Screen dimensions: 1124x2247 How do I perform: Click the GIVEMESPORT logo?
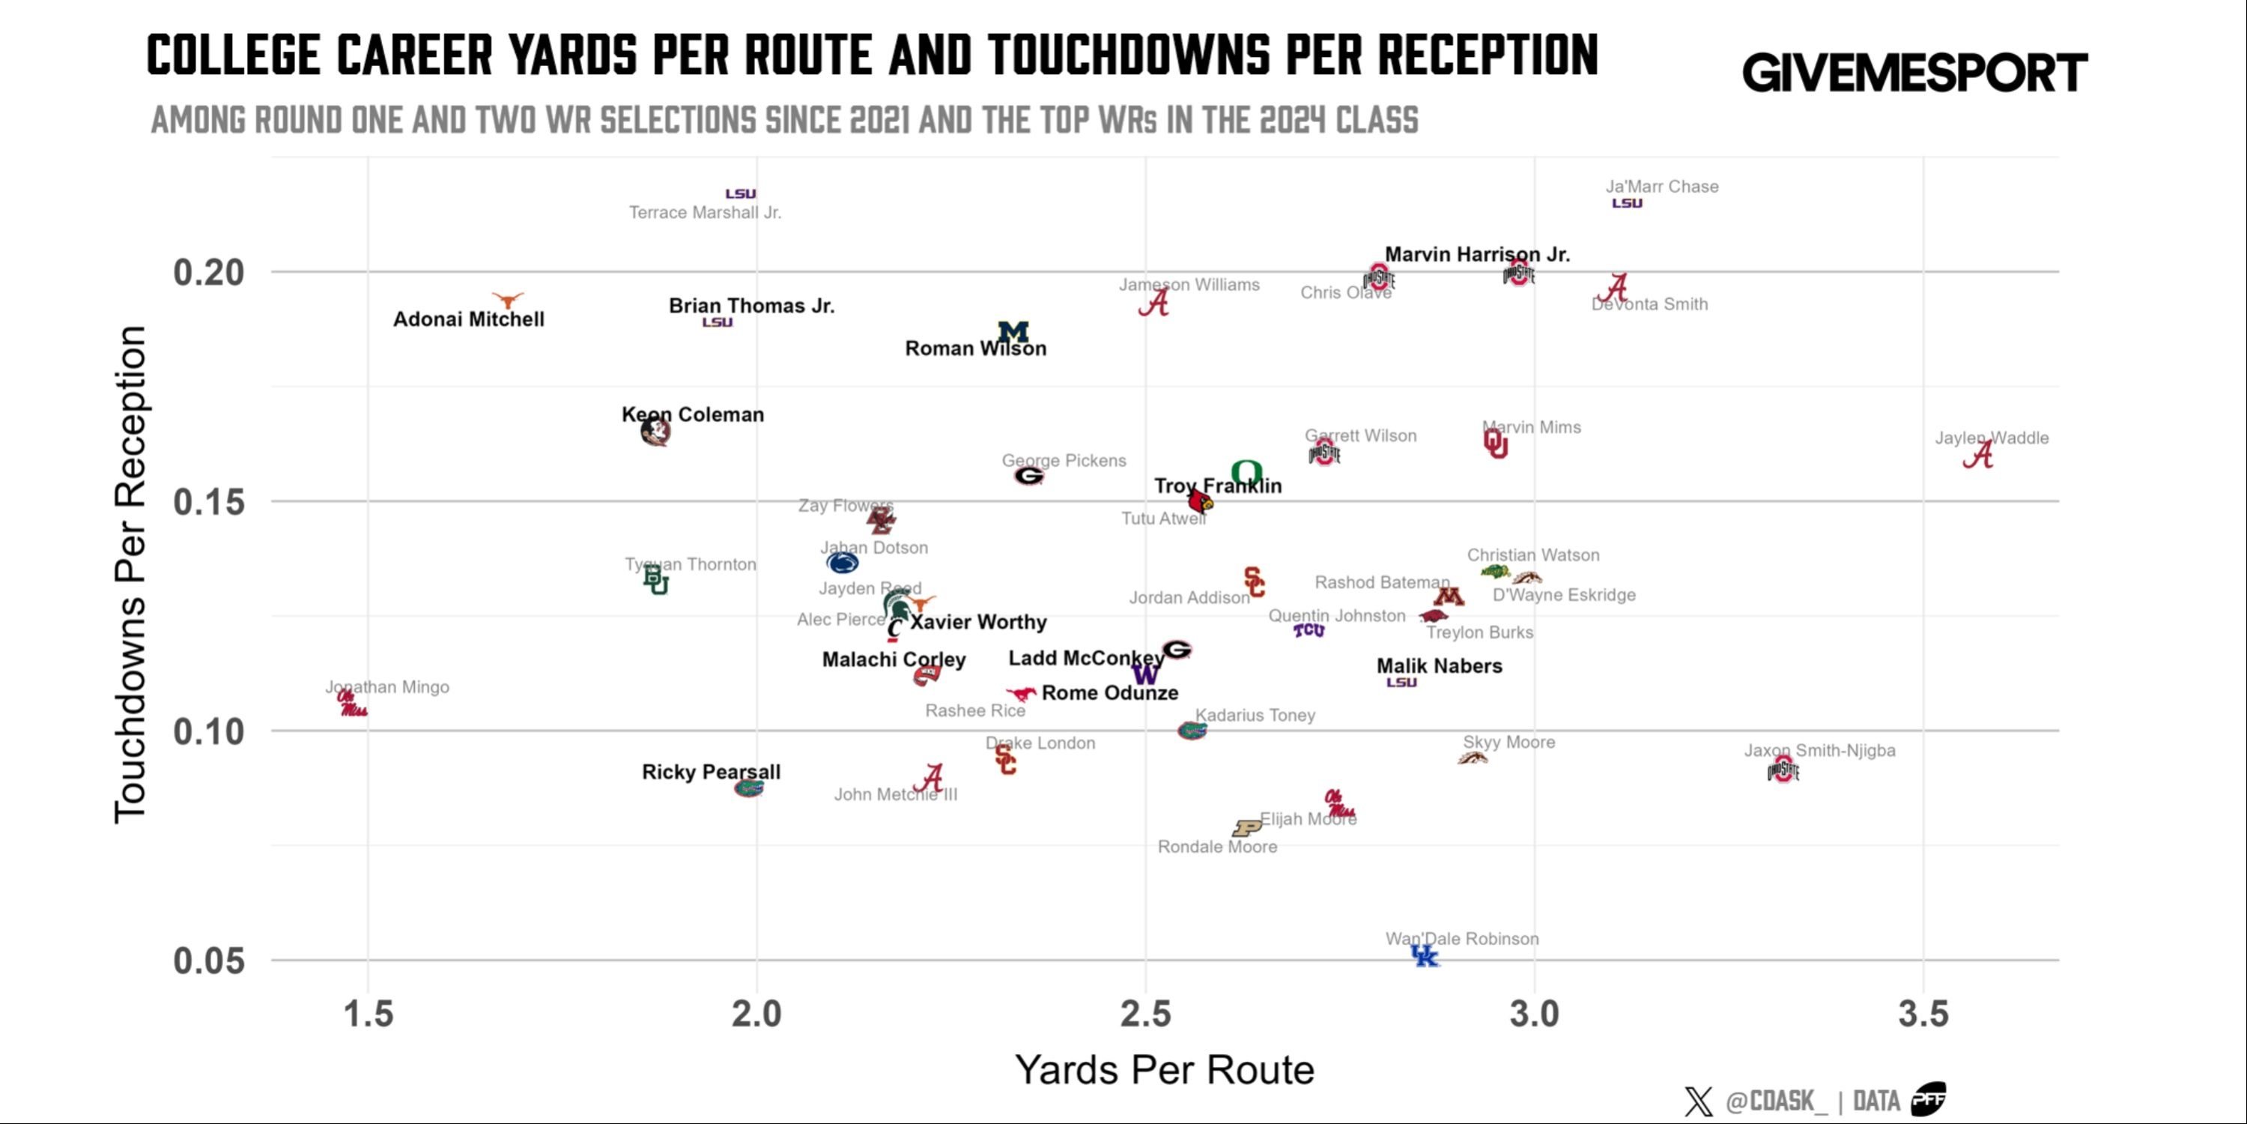point(1914,73)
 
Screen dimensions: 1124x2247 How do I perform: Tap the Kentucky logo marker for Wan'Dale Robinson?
point(1425,955)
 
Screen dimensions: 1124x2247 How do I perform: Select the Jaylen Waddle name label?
point(1992,438)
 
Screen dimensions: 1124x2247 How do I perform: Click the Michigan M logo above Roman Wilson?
point(1013,332)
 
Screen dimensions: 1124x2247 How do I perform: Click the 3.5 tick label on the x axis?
point(1923,1014)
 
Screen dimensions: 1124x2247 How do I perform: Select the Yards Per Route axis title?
point(1164,1070)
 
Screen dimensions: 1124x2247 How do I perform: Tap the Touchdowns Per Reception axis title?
point(131,574)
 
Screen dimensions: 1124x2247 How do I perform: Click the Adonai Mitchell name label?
point(468,319)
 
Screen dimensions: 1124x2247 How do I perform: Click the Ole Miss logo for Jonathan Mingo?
point(352,704)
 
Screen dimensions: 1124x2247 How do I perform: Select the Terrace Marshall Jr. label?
point(705,213)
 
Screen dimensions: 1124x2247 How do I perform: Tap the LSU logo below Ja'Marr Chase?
point(1627,203)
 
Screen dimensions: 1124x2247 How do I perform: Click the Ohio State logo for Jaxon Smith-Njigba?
point(1783,770)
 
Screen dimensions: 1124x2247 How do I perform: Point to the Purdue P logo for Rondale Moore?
point(1246,827)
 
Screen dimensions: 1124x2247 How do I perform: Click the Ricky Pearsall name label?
point(711,773)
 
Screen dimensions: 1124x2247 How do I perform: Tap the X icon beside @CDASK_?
point(1698,1102)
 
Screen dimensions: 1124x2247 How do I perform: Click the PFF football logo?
point(1928,1099)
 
